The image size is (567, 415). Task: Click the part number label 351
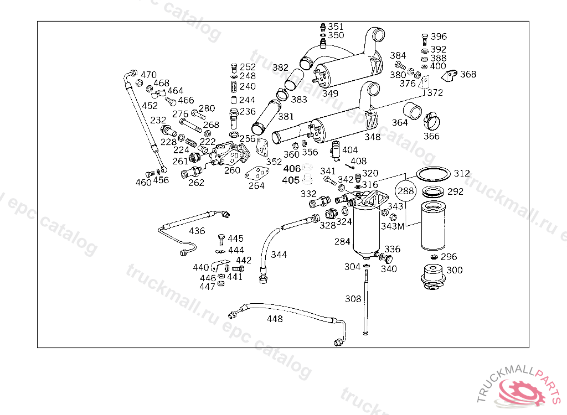(336, 27)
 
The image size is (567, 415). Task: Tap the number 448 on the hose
(275, 319)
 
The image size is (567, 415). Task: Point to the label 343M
(393, 226)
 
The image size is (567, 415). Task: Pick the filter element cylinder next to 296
(434, 227)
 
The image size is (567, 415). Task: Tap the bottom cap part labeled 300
(433, 276)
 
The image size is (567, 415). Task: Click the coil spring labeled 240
(234, 87)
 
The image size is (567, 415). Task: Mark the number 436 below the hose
(197, 231)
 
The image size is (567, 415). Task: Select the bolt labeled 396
(425, 38)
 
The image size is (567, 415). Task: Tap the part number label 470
(148, 75)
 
